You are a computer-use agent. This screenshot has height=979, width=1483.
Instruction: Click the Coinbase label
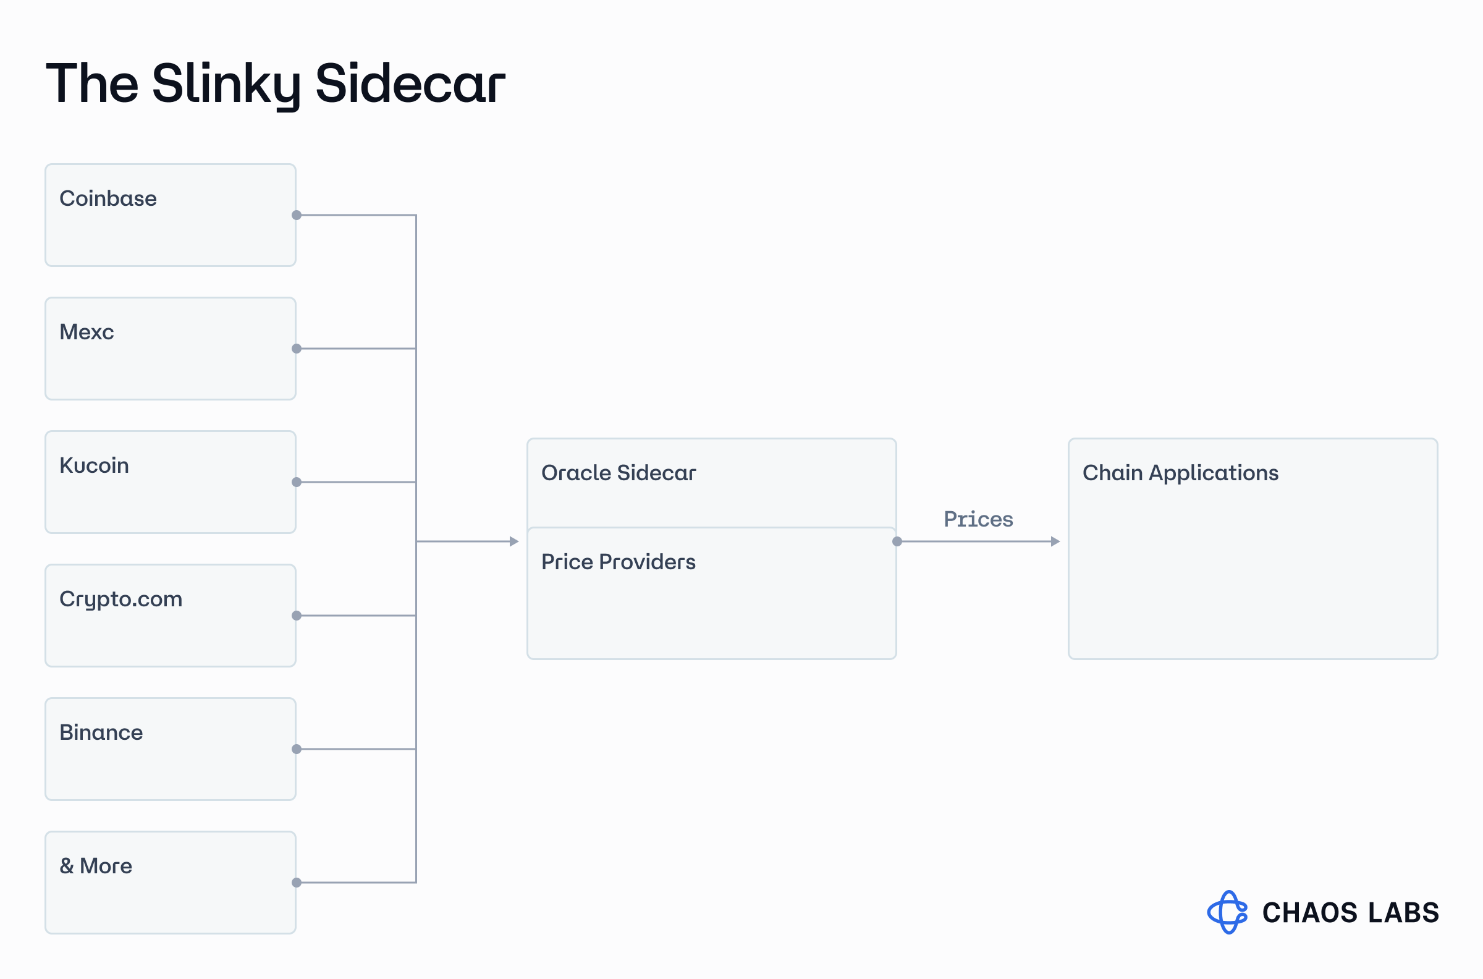click(x=108, y=198)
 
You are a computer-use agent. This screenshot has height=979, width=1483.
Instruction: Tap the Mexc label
click(x=87, y=332)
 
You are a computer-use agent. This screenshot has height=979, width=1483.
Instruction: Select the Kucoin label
click(x=95, y=466)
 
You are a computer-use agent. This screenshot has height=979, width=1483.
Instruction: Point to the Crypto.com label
click(x=121, y=600)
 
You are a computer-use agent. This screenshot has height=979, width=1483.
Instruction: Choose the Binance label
click(x=101, y=732)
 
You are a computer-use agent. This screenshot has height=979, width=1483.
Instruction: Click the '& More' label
click(x=96, y=866)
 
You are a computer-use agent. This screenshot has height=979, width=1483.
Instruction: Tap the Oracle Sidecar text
click(x=619, y=473)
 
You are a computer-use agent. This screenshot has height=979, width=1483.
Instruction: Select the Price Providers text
click(x=619, y=562)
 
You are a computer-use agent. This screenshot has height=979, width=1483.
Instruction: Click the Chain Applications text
click(x=1180, y=474)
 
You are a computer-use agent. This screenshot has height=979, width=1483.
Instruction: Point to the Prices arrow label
click(x=978, y=519)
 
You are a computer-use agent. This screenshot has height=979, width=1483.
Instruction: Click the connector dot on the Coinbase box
click(x=297, y=216)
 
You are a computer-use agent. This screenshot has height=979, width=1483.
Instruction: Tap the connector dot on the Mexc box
click(x=297, y=349)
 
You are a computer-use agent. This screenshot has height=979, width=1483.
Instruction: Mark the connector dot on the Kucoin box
click(x=297, y=482)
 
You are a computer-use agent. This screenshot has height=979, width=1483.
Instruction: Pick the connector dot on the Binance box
click(x=297, y=749)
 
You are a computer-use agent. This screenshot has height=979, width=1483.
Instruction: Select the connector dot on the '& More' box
click(x=297, y=883)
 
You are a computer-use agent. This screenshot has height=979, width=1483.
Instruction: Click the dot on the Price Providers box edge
click(x=897, y=541)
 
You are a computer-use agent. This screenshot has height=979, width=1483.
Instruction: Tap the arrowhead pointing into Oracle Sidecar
click(x=514, y=541)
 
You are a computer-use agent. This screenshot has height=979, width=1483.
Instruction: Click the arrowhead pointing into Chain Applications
click(x=1055, y=541)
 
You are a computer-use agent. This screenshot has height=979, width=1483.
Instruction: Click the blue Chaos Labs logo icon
click(x=1228, y=912)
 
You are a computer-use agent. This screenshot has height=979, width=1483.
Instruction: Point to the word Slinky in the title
click(x=227, y=84)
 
